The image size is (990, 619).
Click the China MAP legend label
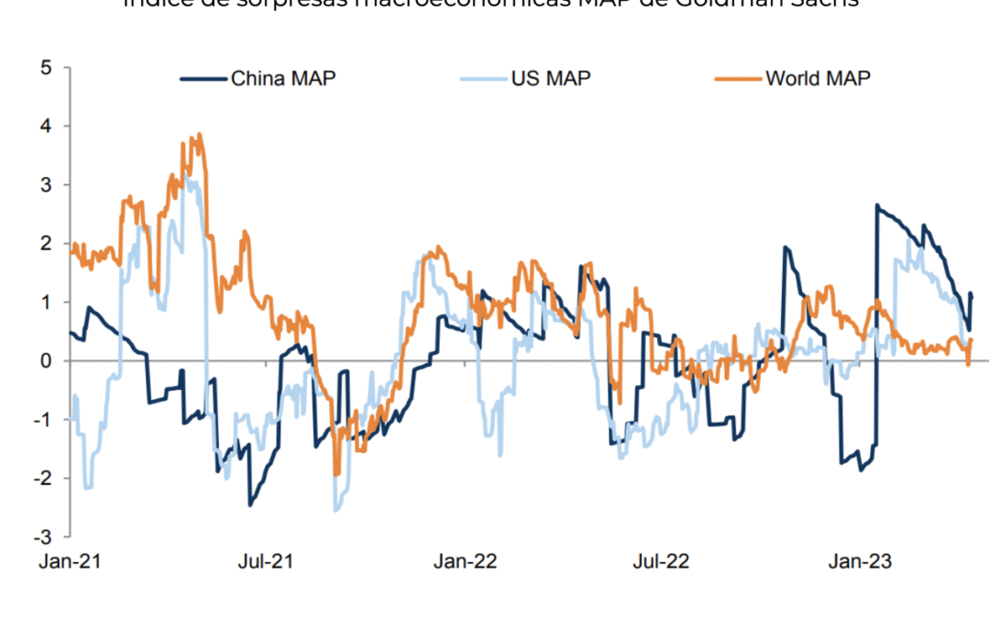pos(283,78)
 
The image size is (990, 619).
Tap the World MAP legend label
pos(819,78)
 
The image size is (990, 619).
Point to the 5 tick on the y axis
pos(45,68)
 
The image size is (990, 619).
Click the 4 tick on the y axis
pos(45,127)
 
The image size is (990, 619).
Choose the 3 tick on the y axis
pos(45,185)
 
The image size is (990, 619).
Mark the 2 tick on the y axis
pos(45,244)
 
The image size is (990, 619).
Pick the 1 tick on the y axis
pos(45,303)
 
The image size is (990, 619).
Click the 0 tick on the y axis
pos(45,361)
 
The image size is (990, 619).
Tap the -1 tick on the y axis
pos(41,420)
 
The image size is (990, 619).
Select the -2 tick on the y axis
pos(41,479)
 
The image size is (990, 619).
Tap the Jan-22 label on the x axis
pos(465,561)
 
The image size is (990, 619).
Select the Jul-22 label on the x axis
pos(662,561)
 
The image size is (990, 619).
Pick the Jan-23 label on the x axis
pos(860,561)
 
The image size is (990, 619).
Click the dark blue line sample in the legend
pos(203,78)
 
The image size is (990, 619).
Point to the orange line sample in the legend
pos(739,78)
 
